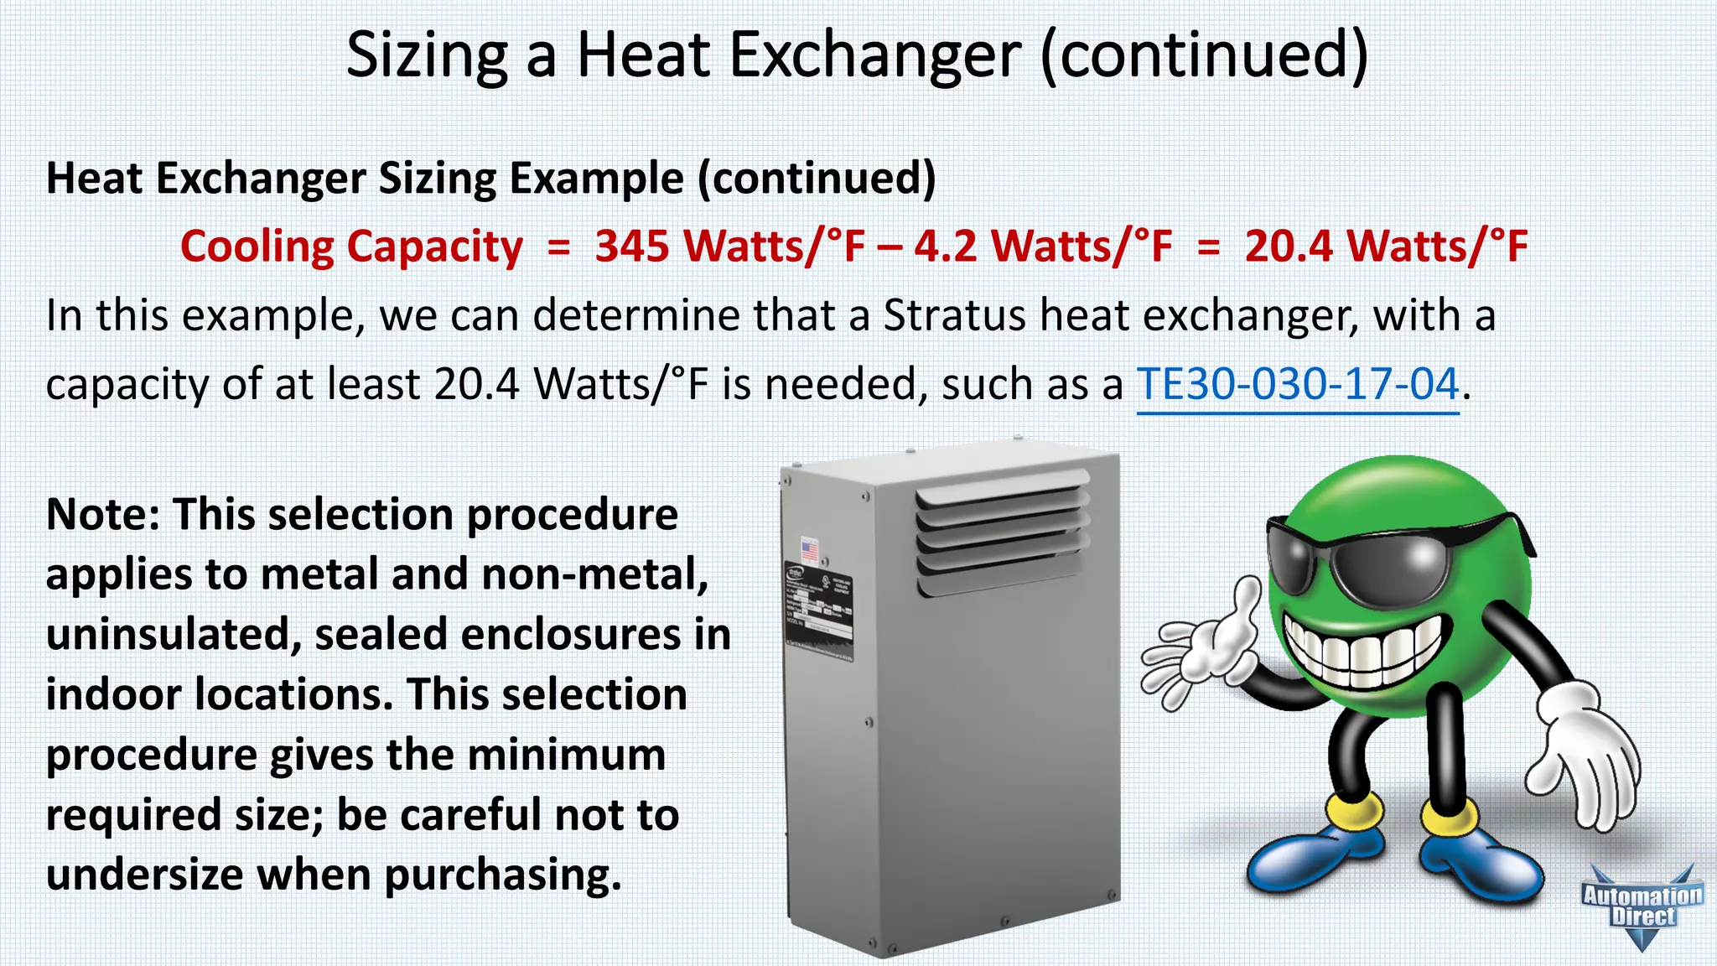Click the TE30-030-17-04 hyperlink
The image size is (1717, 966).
(x=1297, y=384)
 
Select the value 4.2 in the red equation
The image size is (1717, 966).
(x=945, y=247)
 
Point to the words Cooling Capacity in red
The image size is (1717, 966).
(x=351, y=247)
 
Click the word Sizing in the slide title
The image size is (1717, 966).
(x=427, y=55)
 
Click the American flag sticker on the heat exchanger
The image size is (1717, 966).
(x=809, y=550)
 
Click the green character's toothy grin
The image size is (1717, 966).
(x=1362, y=650)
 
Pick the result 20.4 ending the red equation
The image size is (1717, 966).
(x=1289, y=247)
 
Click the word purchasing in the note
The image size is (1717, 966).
(x=502, y=875)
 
